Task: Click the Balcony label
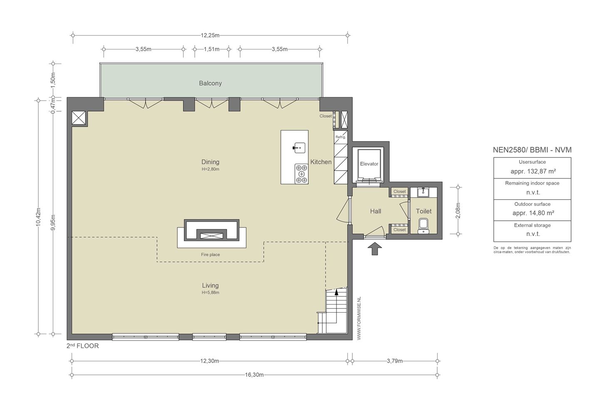click(x=210, y=84)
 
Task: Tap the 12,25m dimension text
click(x=210, y=35)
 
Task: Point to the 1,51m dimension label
click(x=211, y=49)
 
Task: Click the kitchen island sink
click(x=299, y=148)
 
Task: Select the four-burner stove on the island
click(x=301, y=174)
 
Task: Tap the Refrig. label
click(x=341, y=137)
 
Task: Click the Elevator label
click(x=369, y=164)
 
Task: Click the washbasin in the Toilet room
click(x=423, y=192)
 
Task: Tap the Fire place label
click(x=210, y=255)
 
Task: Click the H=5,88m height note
click(x=210, y=292)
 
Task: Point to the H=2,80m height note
click(x=210, y=169)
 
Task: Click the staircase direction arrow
click(x=337, y=292)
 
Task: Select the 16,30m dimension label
click(x=254, y=375)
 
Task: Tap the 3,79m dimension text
click(x=395, y=361)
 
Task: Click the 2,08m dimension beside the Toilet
click(x=458, y=211)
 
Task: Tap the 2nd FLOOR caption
click(x=83, y=346)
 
